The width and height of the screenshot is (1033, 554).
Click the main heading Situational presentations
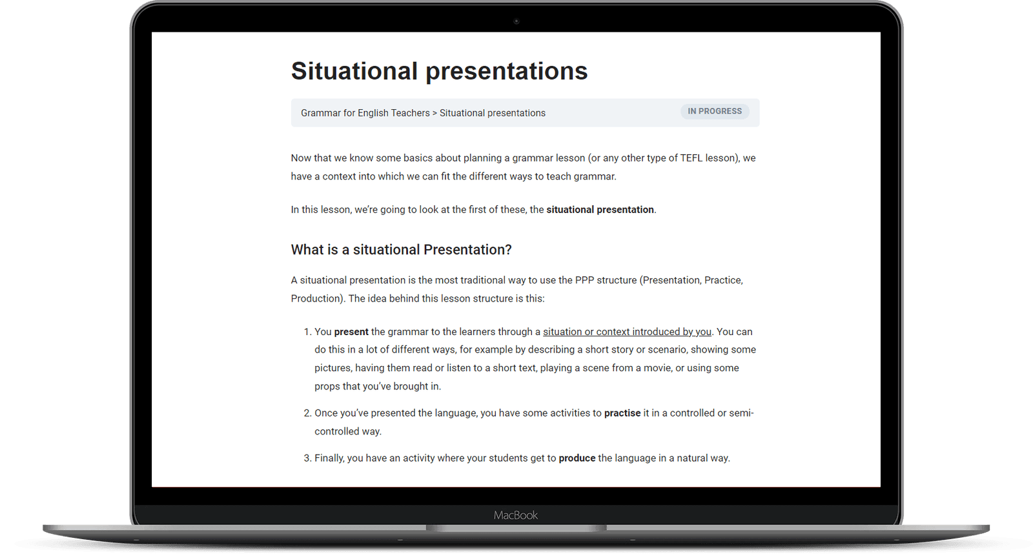439,71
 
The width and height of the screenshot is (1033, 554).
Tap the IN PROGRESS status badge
714,111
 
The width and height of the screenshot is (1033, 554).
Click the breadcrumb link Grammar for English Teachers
365,113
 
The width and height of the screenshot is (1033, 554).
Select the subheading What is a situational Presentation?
401,250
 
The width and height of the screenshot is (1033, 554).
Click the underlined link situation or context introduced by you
627,332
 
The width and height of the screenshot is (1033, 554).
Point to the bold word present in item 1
351,332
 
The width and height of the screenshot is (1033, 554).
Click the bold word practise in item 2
622,413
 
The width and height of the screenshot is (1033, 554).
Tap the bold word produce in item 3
577,458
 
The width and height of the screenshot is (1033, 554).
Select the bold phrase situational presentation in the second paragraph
600,210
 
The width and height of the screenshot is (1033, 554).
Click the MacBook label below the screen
516,515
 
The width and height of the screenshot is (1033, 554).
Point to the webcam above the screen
516,21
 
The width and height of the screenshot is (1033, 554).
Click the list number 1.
307,332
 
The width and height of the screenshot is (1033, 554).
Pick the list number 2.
307,413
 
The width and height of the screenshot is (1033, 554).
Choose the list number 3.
307,458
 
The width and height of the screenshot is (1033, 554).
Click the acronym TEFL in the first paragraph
691,158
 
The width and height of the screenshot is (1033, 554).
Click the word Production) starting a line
318,298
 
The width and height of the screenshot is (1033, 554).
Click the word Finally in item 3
329,458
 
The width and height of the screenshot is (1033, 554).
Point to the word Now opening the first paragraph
301,158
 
